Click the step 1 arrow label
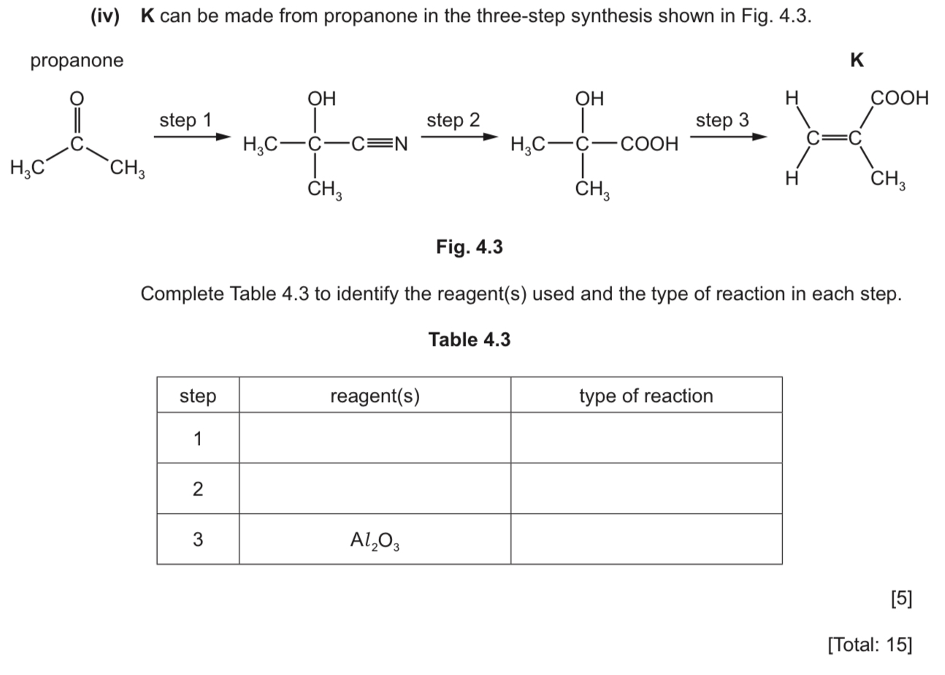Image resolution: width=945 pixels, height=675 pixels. [185, 120]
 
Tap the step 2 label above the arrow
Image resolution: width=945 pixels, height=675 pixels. [453, 120]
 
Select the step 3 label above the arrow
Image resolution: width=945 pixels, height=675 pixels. [722, 120]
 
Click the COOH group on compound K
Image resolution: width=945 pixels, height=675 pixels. [899, 98]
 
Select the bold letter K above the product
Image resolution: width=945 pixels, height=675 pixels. [857, 61]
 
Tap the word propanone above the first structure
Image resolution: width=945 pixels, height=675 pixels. [77, 61]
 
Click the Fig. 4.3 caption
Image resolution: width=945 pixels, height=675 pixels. [469, 247]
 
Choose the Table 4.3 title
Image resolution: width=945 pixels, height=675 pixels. [469, 339]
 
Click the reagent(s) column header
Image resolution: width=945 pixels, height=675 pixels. [375, 396]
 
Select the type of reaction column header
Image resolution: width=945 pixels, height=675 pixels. [646, 396]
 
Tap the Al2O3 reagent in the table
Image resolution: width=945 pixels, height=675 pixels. [375, 540]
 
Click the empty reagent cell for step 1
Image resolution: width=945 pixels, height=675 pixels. [375, 438]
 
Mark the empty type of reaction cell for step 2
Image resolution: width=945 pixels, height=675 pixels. [646, 488]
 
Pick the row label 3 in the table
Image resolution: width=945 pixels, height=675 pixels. [197, 540]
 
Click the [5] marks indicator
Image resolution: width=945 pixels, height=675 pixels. [901, 598]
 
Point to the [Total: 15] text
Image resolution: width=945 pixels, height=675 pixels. [870, 644]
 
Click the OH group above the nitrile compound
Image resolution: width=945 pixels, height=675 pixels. [321, 99]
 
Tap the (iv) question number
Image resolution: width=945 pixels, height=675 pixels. [104, 17]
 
